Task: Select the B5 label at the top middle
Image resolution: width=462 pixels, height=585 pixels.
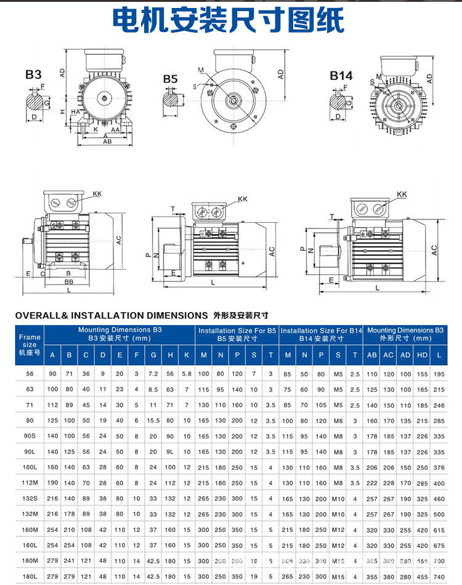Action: click(x=171, y=79)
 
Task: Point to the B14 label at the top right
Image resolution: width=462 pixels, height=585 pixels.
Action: click(x=341, y=75)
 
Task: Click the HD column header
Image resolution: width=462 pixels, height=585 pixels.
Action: click(x=421, y=355)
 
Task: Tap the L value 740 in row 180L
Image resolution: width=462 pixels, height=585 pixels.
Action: click(x=439, y=576)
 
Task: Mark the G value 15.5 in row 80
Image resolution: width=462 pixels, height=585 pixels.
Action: click(x=153, y=421)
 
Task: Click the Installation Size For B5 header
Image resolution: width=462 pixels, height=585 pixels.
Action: click(x=237, y=331)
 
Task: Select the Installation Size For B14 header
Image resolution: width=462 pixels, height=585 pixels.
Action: click(x=322, y=331)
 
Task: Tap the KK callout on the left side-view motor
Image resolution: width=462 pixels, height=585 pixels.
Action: click(x=97, y=193)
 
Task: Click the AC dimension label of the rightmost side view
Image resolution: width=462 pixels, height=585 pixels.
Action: click(x=434, y=249)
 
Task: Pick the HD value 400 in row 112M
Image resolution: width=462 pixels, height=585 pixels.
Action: click(x=421, y=483)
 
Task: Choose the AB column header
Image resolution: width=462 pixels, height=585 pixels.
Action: click(x=372, y=355)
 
